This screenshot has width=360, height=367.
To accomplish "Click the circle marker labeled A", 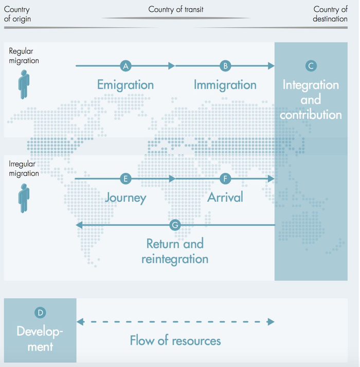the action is point(125,66).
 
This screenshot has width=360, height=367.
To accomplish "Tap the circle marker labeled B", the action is point(225,66).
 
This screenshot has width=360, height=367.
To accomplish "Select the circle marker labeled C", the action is point(310,66).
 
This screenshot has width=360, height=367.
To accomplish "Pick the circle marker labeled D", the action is point(40,312).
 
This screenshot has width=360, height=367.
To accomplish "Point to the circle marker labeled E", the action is point(125,179).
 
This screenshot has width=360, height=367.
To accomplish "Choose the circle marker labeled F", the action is point(225,179).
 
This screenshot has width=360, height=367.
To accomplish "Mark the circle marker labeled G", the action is point(175,225).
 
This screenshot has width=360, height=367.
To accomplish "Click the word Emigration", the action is point(125,84).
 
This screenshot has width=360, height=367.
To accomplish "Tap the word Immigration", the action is point(225,84).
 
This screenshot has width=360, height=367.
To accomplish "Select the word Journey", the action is point(125,198).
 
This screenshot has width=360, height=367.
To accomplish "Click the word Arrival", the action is point(225,197).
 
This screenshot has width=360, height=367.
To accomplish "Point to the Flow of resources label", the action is point(175,341).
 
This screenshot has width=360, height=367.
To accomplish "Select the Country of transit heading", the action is point(176,9).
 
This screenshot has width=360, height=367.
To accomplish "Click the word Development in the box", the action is point(40,338).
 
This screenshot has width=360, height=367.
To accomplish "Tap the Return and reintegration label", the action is point(175,251).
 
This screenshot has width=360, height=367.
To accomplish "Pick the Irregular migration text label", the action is point(24,169).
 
